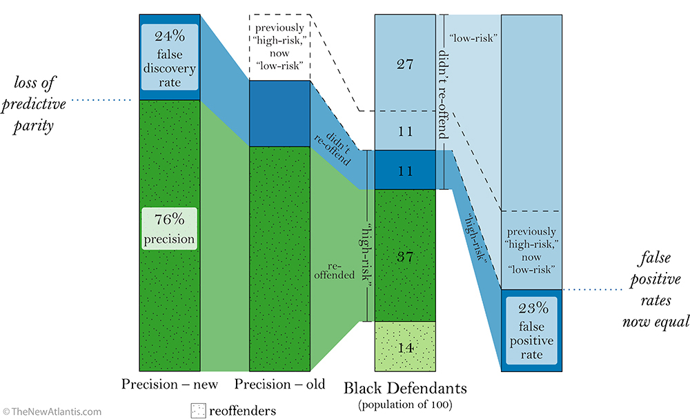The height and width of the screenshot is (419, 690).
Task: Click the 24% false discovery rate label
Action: (x=170, y=57)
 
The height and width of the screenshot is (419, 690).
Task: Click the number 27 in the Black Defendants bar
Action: (x=405, y=64)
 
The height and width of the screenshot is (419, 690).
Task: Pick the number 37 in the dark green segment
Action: (x=405, y=255)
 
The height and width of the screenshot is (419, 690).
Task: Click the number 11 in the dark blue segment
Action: (x=405, y=170)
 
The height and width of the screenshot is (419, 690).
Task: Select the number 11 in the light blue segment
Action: (x=405, y=130)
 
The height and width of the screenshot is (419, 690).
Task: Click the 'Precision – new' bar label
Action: (x=170, y=384)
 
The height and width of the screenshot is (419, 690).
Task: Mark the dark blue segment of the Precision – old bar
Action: (x=279, y=113)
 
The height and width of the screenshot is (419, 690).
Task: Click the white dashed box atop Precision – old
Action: (x=279, y=47)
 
